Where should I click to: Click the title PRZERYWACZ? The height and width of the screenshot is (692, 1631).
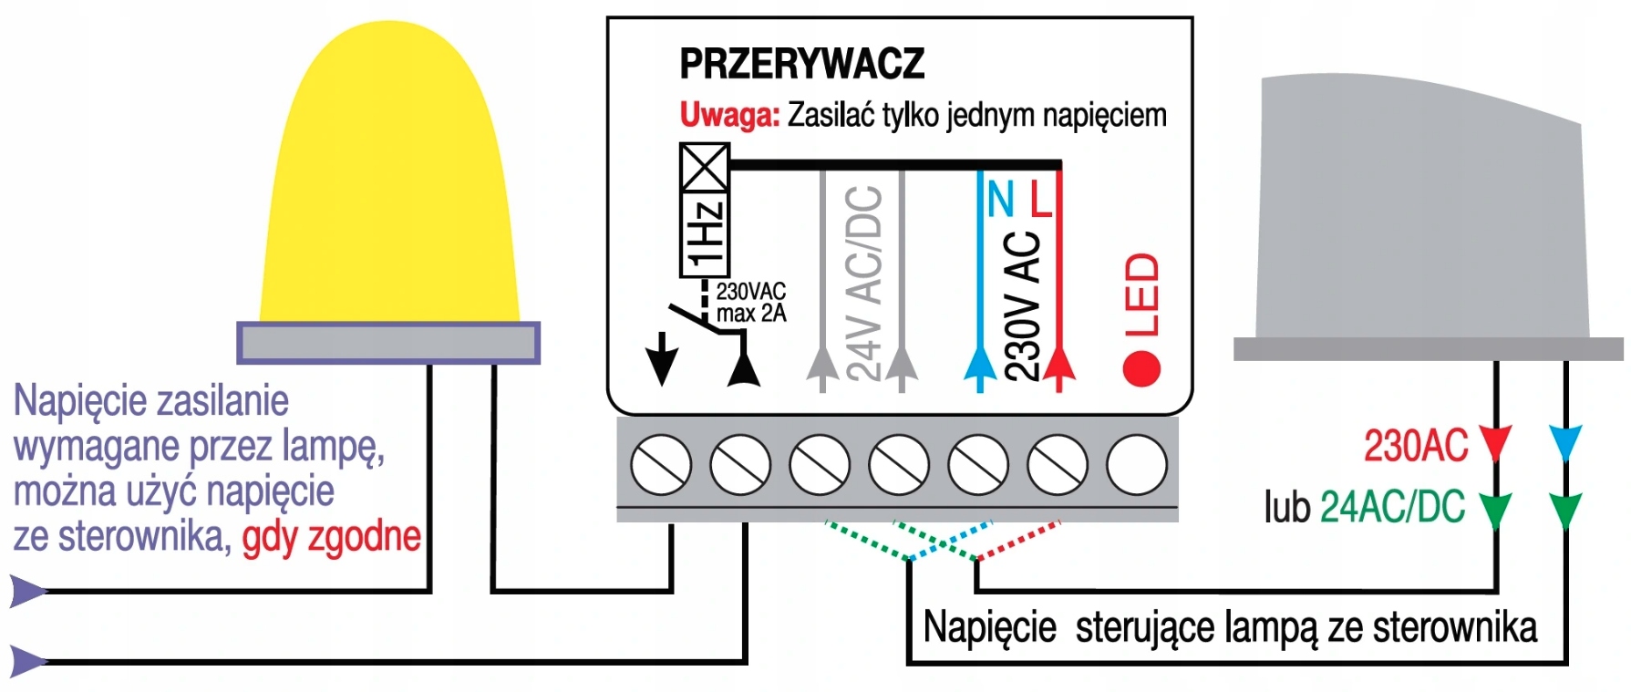[x=801, y=64]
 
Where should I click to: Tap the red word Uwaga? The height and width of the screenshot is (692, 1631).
[x=729, y=116]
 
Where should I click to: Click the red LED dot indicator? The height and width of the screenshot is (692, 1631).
[x=1141, y=369]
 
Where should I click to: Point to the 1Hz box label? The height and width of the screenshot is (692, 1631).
[x=705, y=234]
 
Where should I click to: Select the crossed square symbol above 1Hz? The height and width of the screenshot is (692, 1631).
[x=705, y=167]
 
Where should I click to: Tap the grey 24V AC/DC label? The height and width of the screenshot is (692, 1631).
[x=862, y=283]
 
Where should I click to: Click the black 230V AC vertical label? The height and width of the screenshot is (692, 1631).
[x=1021, y=305]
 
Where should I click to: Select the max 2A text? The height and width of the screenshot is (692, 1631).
[x=750, y=314]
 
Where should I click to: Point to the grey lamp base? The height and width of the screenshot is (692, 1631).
[x=387, y=343]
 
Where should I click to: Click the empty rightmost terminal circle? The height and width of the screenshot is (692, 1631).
[x=1136, y=464]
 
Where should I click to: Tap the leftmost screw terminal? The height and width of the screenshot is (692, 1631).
[x=661, y=464]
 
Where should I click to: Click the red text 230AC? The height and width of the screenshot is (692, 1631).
[x=1415, y=446]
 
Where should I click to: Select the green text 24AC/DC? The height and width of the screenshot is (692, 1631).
[x=1392, y=507]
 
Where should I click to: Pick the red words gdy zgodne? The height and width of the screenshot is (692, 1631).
[x=331, y=537]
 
